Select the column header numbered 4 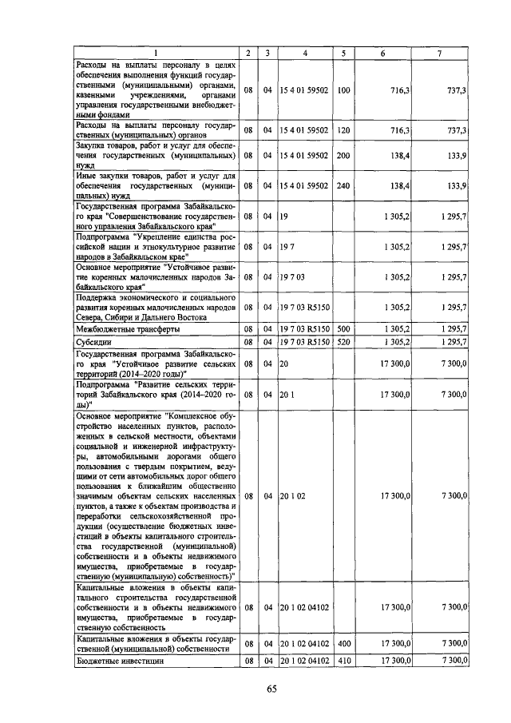click(304, 53)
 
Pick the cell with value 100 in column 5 click(343, 90)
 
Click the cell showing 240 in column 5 click(343, 185)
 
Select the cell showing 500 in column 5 click(343, 328)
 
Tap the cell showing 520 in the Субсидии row click(343, 342)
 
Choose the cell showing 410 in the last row click(343, 661)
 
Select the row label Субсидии click(97, 342)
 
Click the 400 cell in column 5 click(343, 643)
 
